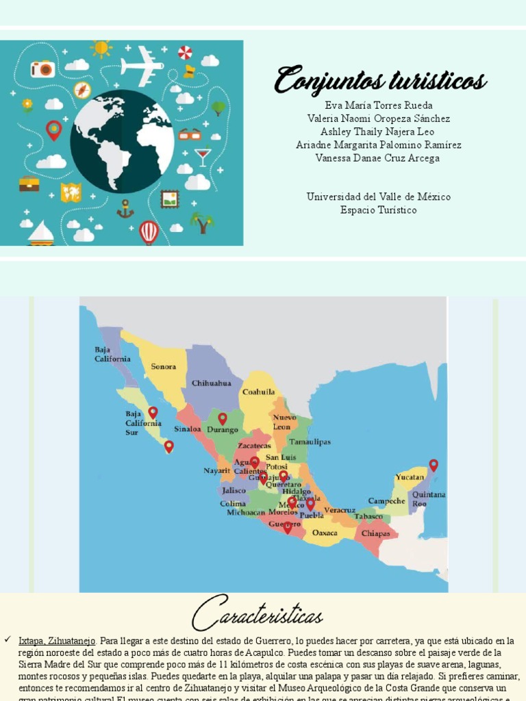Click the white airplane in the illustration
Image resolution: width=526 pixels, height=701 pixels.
pyautogui.click(x=142, y=65)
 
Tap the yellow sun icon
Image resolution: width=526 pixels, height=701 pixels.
pyautogui.click(x=101, y=48)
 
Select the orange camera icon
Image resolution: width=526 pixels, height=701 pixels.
pyautogui.click(x=42, y=68)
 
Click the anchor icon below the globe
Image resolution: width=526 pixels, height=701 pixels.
pyautogui.click(x=125, y=209)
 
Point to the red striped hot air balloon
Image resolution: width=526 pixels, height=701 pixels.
pyautogui.click(x=149, y=231)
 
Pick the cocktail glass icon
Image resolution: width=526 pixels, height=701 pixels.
pyautogui.click(x=203, y=157)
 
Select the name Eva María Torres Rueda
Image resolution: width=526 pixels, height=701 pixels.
pyautogui.click(x=379, y=105)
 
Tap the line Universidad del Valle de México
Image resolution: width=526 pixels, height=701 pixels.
pyautogui.click(x=379, y=197)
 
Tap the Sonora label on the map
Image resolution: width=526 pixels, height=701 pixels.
pyautogui.click(x=164, y=367)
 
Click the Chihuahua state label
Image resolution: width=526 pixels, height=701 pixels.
pyautogui.click(x=211, y=383)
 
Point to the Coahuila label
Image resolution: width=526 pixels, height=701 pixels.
pyautogui.click(x=259, y=392)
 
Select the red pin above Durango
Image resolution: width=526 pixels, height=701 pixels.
pyautogui.click(x=222, y=418)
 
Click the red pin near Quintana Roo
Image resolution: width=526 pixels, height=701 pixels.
pyautogui.click(x=434, y=466)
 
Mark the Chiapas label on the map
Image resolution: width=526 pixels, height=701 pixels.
pyautogui.click(x=375, y=533)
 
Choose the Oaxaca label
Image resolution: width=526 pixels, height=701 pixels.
pyautogui.click(x=325, y=533)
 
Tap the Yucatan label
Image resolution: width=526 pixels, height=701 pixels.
pyautogui.click(x=410, y=476)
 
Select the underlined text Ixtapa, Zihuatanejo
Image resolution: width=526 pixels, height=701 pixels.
pyautogui.click(x=58, y=641)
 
